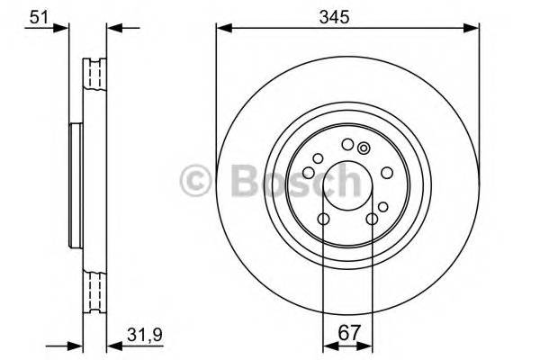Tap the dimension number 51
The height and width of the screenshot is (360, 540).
(39, 15)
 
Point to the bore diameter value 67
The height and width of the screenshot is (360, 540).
(346, 333)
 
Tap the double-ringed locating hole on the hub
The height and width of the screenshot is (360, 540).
(363, 148)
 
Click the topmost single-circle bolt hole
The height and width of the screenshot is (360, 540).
(347, 144)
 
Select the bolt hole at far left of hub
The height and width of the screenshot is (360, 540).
(308, 172)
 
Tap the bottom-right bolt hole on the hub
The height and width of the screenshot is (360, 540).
(371, 218)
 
